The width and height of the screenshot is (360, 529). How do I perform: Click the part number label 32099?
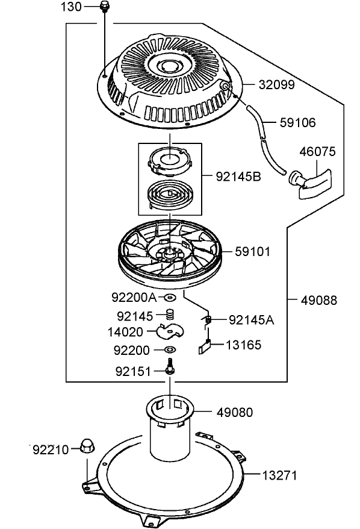[276, 85]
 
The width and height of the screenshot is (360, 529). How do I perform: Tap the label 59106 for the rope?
[297, 122]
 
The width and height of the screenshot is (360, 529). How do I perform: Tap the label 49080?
[235, 412]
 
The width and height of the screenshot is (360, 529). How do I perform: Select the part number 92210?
[51, 449]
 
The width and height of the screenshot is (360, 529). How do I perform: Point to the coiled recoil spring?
[169, 196]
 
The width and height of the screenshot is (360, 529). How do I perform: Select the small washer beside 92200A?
[170, 298]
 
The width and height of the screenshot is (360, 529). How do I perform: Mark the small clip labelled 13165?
[204, 346]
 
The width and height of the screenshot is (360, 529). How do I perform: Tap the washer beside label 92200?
[170, 349]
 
